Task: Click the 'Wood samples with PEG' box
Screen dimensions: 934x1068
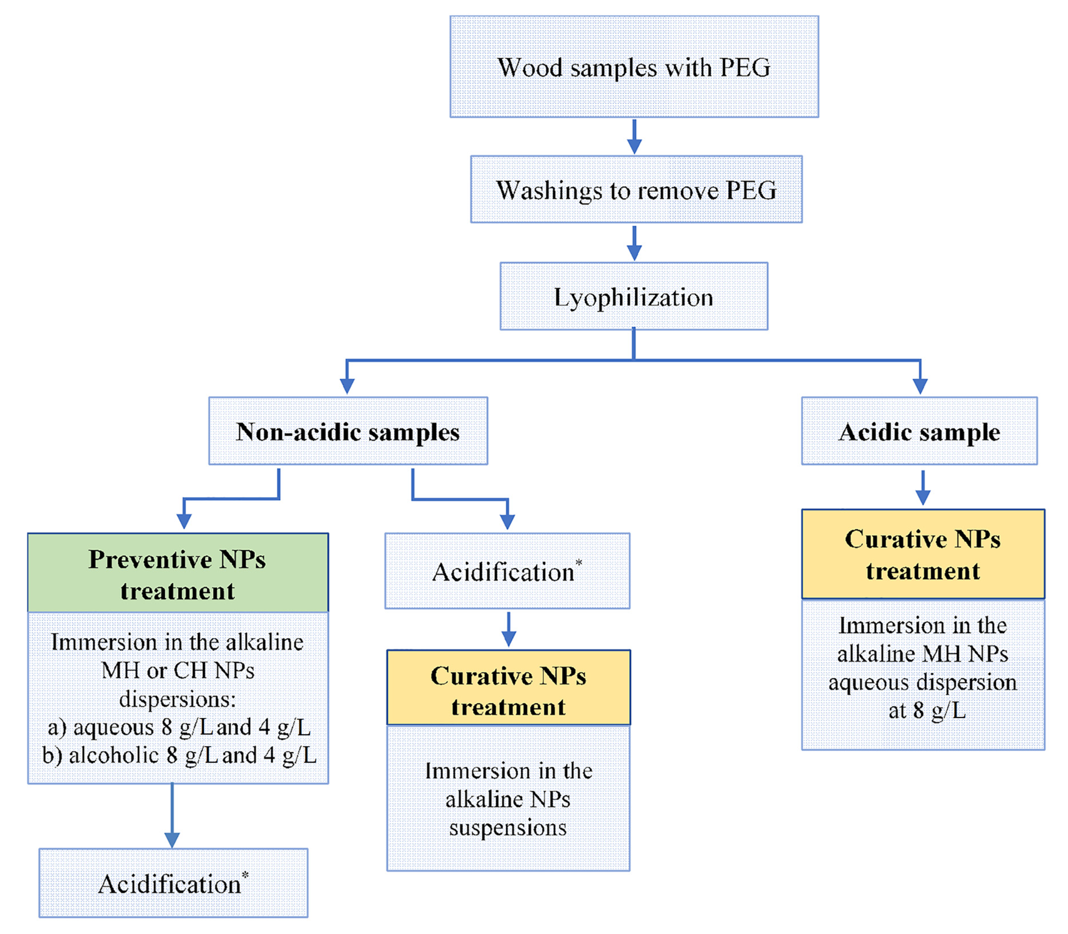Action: tap(634, 67)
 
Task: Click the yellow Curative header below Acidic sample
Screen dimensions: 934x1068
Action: tap(922, 554)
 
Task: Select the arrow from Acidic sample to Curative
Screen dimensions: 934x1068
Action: tap(922, 487)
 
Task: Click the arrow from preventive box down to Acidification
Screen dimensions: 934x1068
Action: tap(172, 816)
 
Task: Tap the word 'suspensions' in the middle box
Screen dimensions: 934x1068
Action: tap(507, 828)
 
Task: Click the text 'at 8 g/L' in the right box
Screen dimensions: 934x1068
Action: tap(927, 711)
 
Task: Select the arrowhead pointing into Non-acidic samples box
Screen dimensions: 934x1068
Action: tap(347, 386)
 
